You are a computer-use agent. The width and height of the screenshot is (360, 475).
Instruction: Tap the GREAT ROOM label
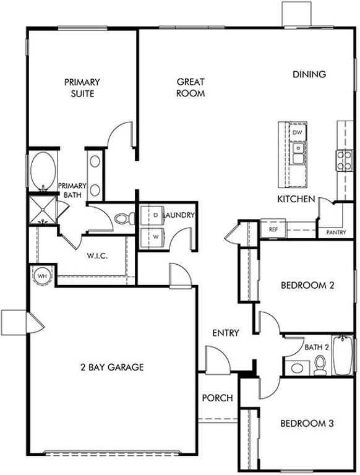[191, 88]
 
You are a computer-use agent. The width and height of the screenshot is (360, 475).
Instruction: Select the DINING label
[309, 74]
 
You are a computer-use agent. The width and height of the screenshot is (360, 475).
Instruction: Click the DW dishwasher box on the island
[298, 132]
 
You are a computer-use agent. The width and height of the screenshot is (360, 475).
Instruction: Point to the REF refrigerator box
[273, 229]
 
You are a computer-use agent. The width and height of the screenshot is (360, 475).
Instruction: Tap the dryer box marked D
[152, 215]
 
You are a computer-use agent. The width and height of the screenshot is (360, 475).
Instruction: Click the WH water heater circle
[42, 275]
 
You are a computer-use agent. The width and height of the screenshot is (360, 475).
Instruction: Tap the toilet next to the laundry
[126, 218]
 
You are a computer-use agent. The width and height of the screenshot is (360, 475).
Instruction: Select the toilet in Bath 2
[320, 366]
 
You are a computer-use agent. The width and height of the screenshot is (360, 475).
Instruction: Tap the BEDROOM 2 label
[307, 286]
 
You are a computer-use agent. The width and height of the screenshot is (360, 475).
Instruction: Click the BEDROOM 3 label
[307, 424]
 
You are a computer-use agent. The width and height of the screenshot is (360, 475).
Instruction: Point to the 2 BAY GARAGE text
[113, 367]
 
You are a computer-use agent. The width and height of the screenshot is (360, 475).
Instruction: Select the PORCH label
[217, 398]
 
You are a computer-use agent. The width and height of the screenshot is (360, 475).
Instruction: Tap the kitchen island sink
[298, 153]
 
